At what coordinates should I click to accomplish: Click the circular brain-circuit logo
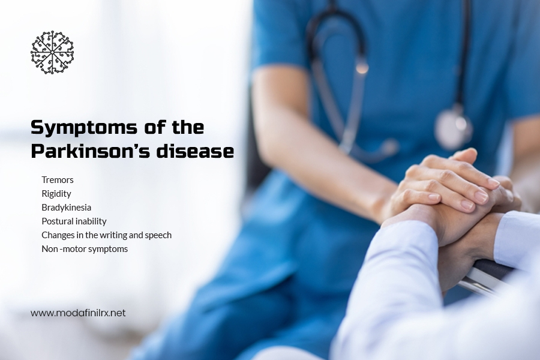click(52, 52)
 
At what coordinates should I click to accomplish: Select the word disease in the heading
click(195, 151)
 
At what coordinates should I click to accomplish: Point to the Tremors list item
click(58, 180)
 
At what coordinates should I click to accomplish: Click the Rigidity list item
click(56, 194)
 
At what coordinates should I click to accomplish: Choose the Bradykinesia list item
click(67, 208)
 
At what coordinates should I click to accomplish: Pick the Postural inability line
click(74, 221)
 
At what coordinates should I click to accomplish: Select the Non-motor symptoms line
click(85, 249)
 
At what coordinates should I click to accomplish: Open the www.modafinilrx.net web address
click(78, 313)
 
